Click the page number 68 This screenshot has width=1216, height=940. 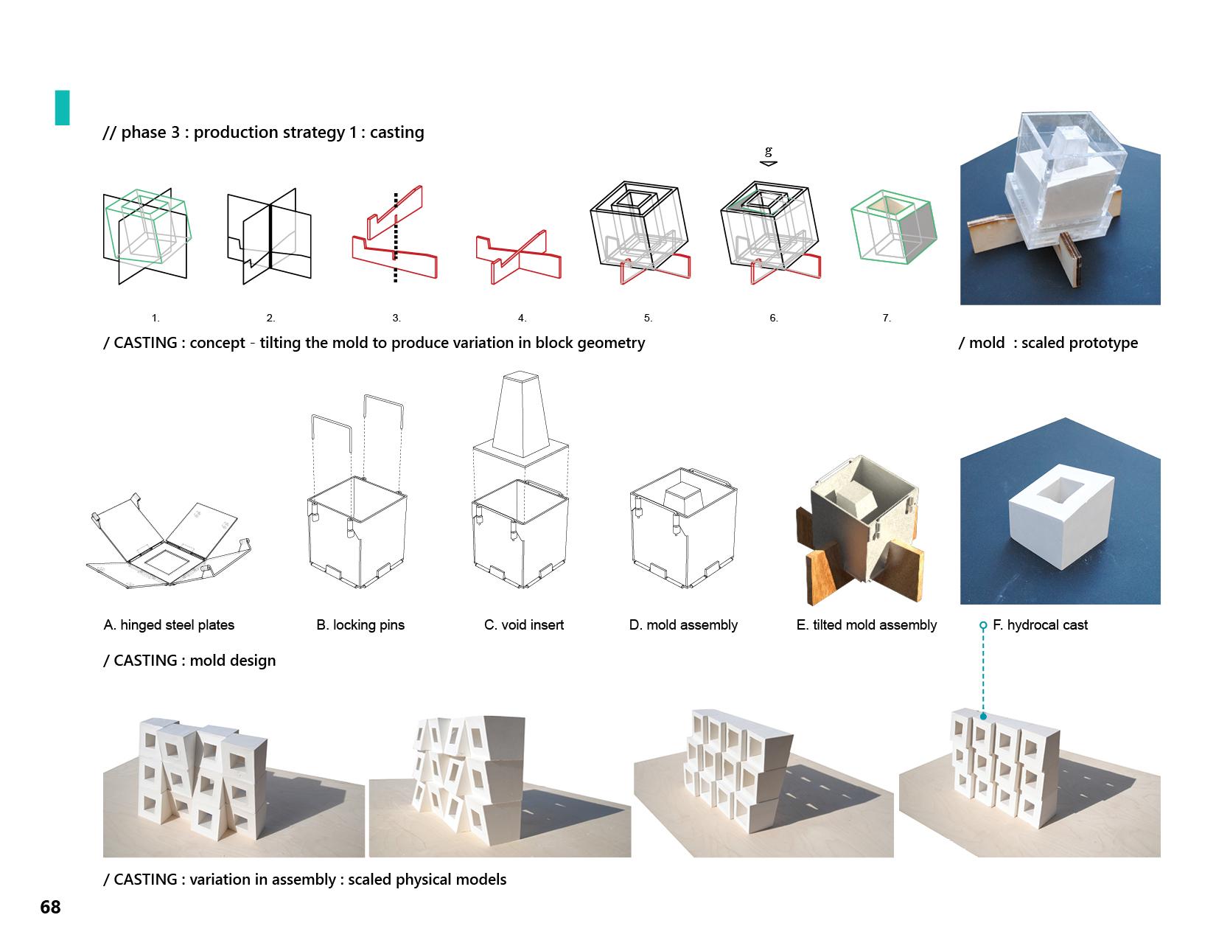coord(50,907)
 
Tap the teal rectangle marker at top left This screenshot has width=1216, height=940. coord(62,108)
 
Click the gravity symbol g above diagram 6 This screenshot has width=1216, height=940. coord(769,152)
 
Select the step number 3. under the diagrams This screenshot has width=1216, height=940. coord(396,318)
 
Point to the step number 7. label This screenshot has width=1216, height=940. coord(887,318)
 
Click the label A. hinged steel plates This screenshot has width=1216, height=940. coord(169,625)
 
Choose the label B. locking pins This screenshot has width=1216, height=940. coord(360,625)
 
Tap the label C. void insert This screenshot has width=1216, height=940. coord(524,625)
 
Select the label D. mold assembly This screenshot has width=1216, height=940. coord(683,625)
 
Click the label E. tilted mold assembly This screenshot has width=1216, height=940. coord(867,625)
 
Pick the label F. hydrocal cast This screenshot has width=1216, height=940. coord(1040,625)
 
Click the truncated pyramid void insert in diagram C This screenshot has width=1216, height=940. coord(521,413)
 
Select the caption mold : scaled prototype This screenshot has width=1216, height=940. coord(1048,343)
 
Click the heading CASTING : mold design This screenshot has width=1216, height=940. coord(189,661)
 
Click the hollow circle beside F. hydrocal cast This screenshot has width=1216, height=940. coord(983,625)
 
